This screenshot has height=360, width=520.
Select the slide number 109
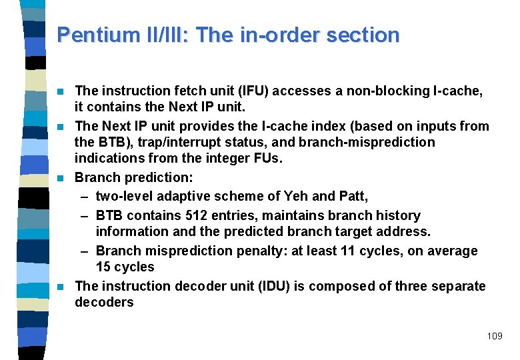pyautogui.click(x=495, y=336)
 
